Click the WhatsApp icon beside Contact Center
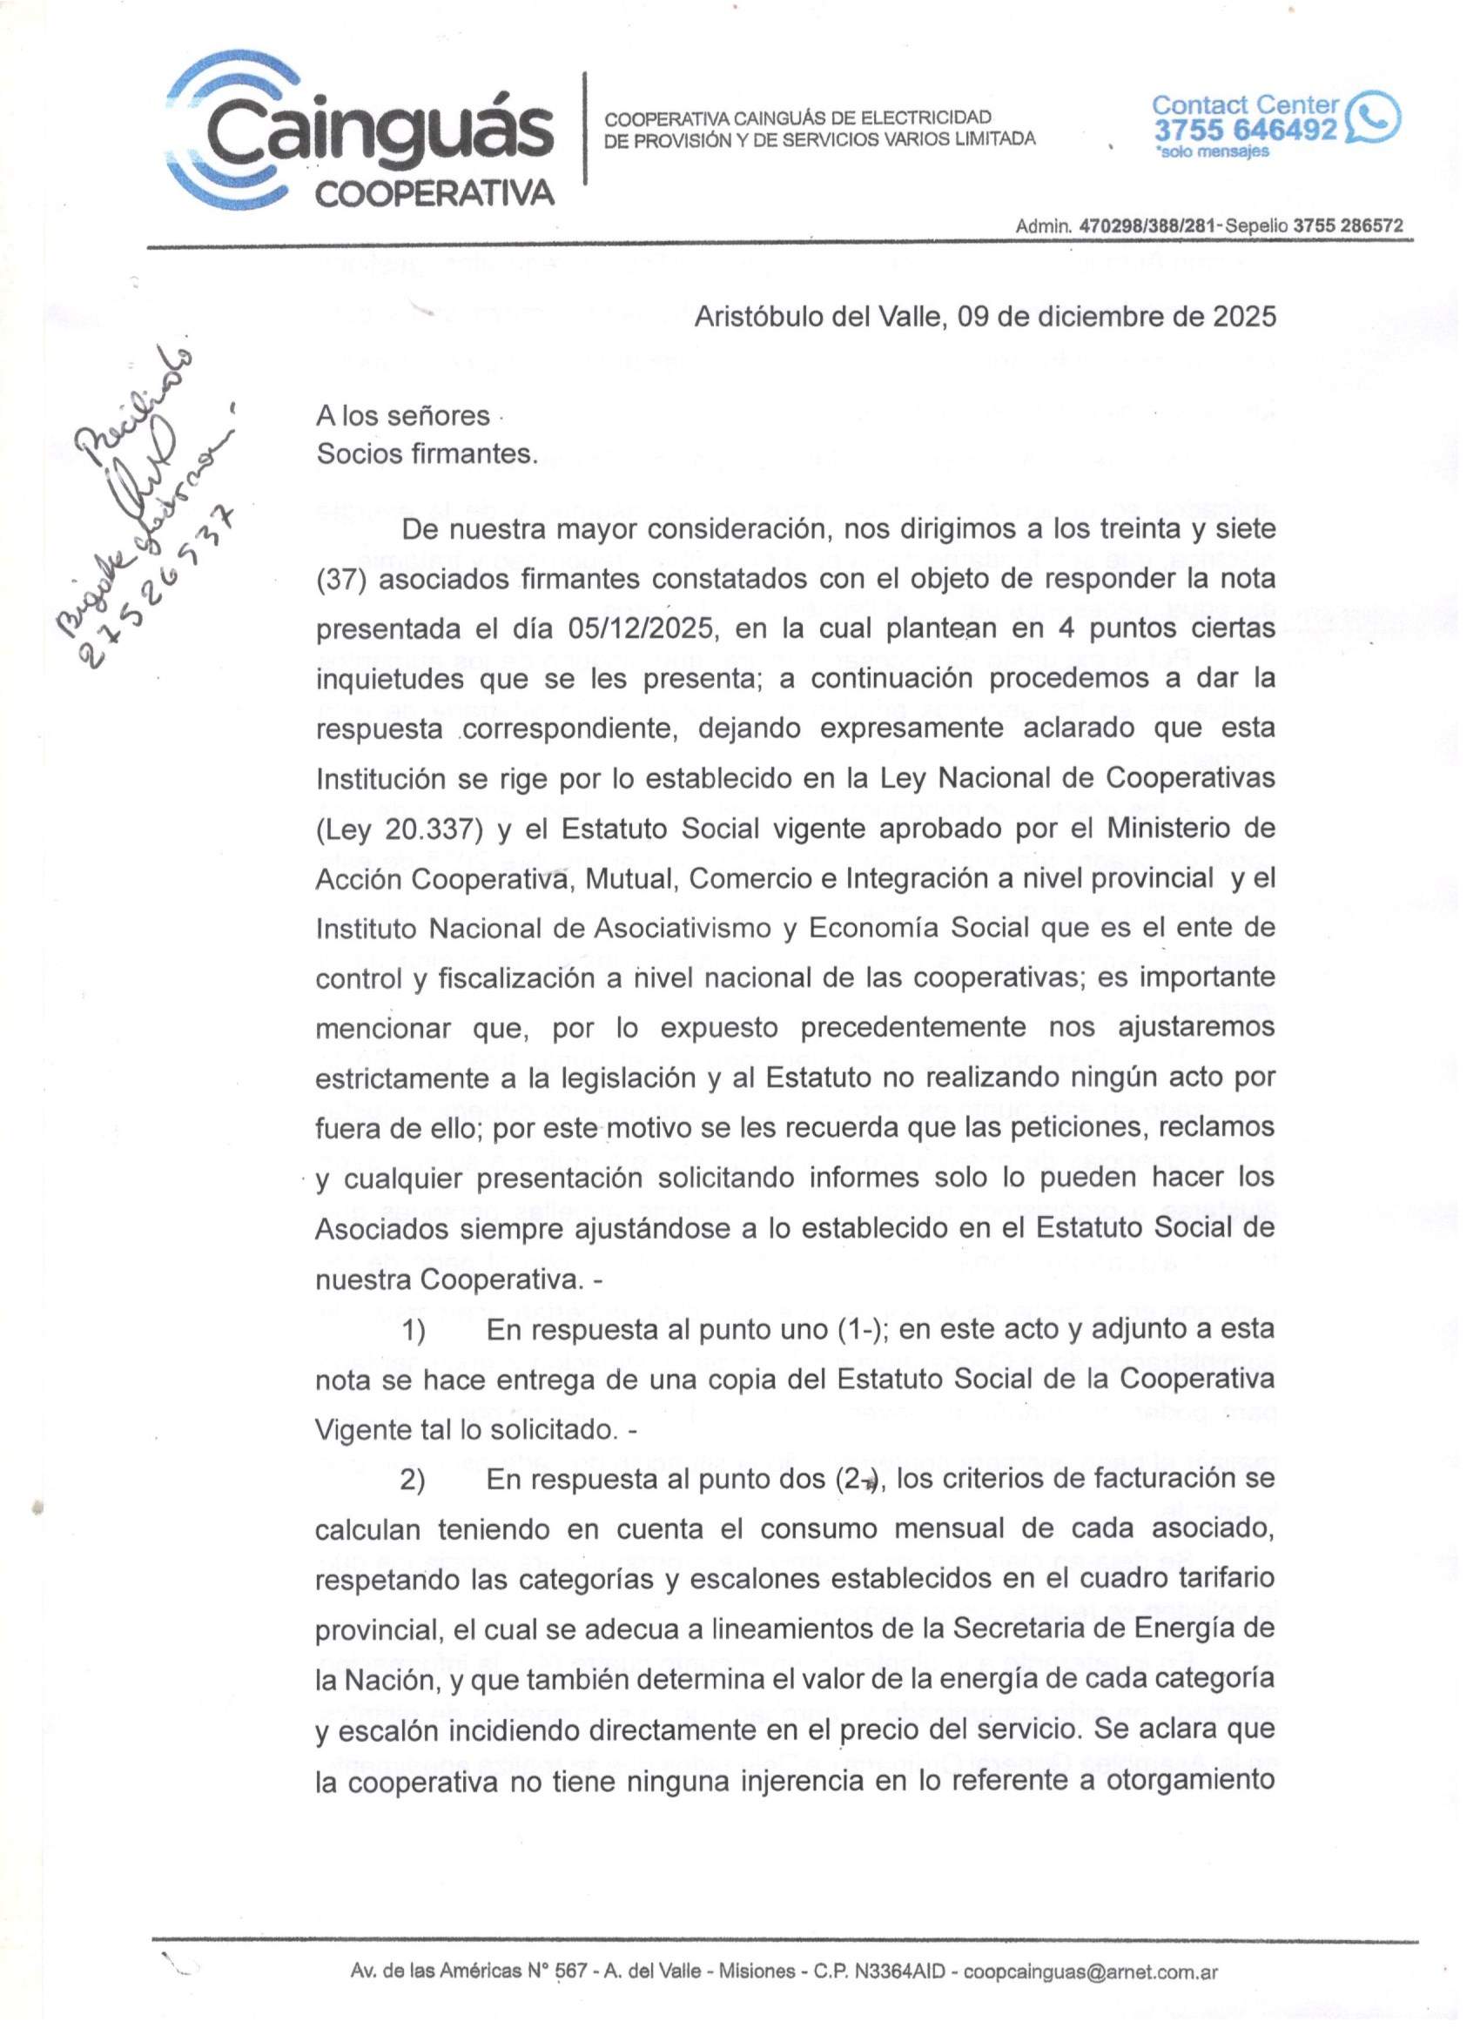pyautogui.click(x=1370, y=118)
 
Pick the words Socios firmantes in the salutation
pyautogui.click(x=427, y=454)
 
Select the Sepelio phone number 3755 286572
pyautogui.click(x=1347, y=226)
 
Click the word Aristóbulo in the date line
pyautogui.click(x=760, y=317)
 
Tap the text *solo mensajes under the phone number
pyautogui.click(x=1213, y=151)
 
